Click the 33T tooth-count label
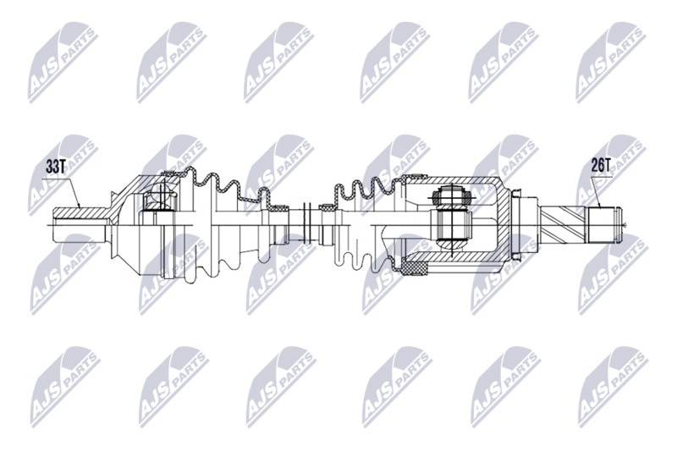click(55, 167)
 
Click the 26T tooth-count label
click(599, 166)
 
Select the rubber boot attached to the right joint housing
click(364, 222)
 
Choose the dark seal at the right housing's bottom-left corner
click(414, 269)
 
